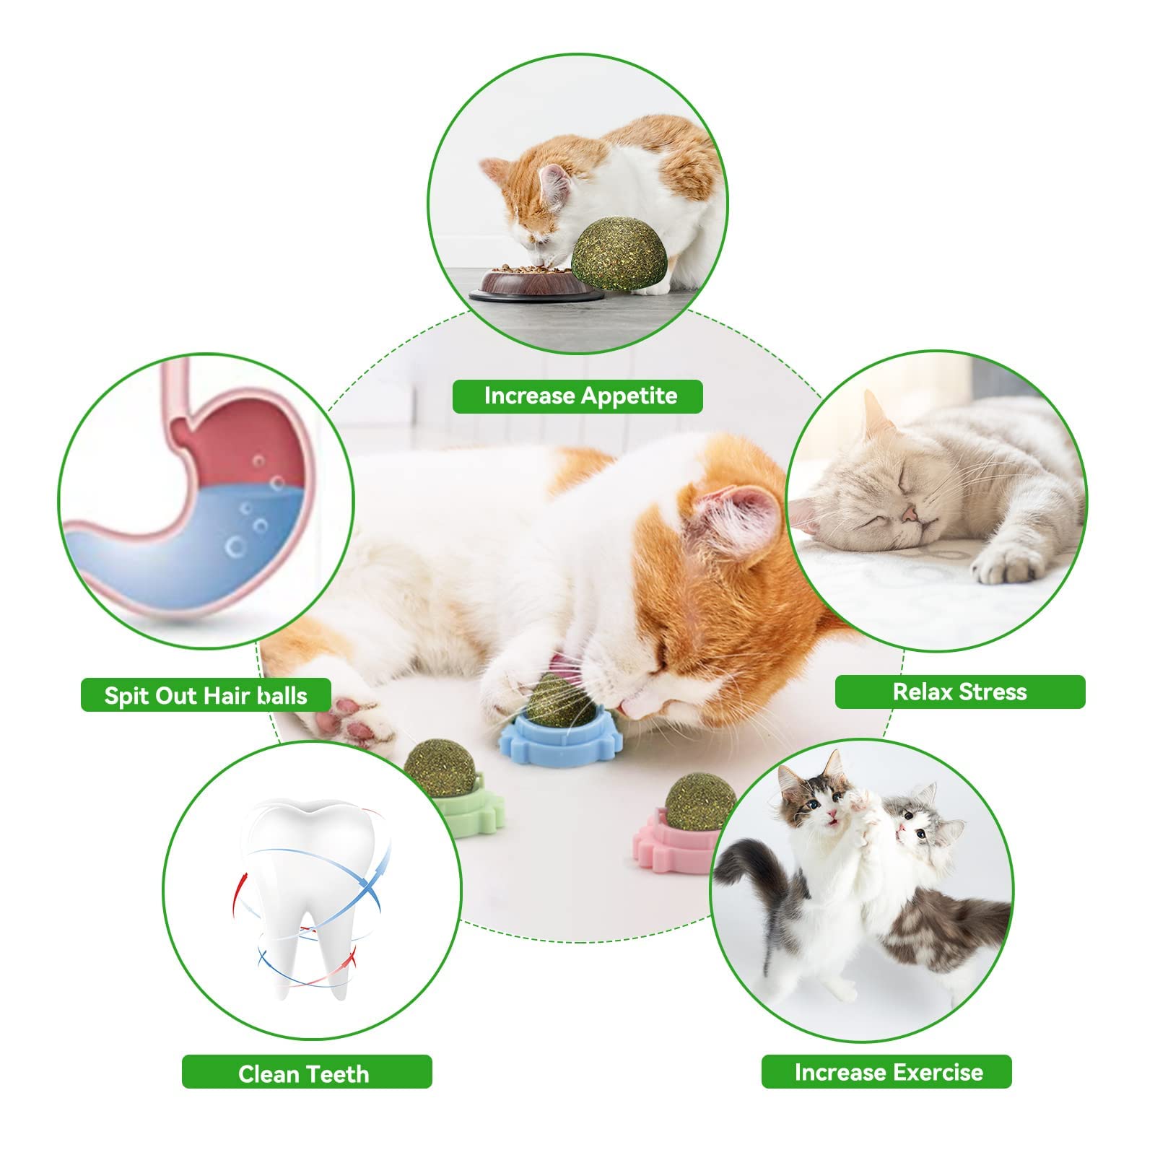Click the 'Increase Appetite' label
pyautogui.click(x=577, y=396)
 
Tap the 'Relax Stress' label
pyautogui.click(x=959, y=692)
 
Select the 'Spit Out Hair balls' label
pyautogui.click(x=206, y=695)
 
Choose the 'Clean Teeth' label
pyautogui.click(x=306, y=1073)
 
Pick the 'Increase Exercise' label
pyautogui.click(x=887, y=1072)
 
